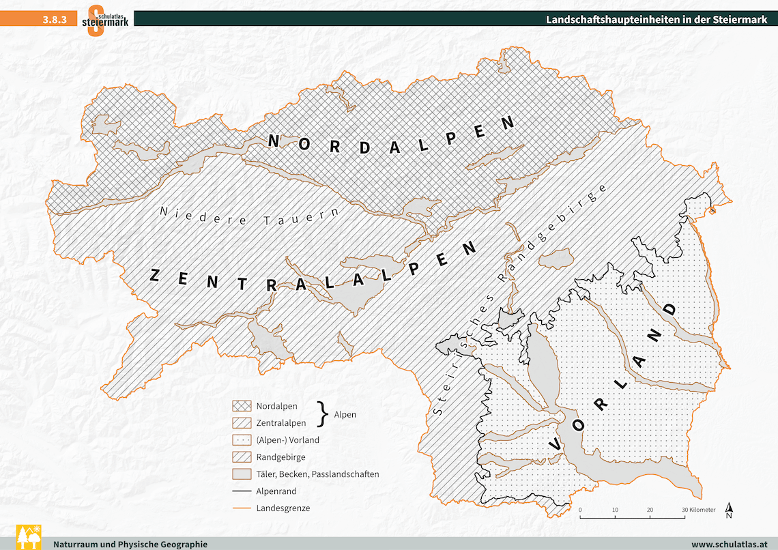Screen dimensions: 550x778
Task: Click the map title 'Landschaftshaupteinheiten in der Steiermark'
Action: point(657,19)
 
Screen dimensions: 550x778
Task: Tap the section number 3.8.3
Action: point(54,20)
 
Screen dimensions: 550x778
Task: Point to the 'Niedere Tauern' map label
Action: point(249,216)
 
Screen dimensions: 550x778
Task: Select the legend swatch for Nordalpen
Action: point(242,406)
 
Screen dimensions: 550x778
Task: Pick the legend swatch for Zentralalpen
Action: point(242,423)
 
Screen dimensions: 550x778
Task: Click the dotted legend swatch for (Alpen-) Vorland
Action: point(242,440)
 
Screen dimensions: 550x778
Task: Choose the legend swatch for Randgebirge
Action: point(242,457)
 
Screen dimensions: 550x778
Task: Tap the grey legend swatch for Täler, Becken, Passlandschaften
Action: point(242,474)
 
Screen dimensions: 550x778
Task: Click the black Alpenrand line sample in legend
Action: point(242,491)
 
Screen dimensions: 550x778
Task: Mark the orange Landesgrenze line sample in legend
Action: point(242,508)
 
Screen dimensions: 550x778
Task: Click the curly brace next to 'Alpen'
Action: point(322,414)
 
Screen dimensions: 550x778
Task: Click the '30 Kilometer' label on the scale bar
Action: point(697,510)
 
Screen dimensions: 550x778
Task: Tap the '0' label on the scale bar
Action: point(580,510)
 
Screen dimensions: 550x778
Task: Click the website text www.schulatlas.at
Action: point(729,544)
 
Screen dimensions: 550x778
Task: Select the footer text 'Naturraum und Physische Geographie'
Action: point(130,544)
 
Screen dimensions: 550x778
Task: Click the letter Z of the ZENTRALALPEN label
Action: point(155,274)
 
